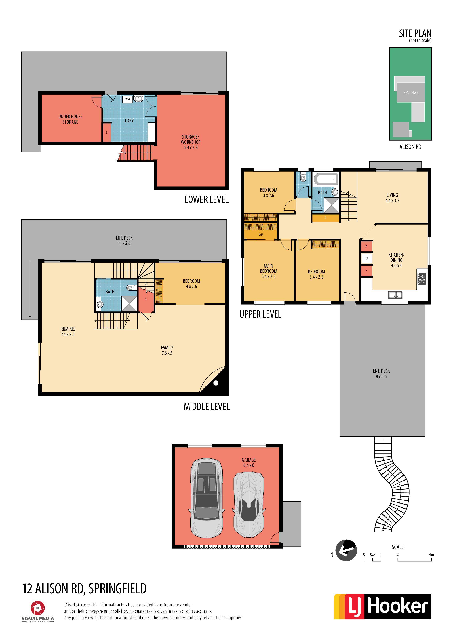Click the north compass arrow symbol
(346, 550)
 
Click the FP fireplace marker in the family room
(216, 383)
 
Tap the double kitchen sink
(395, 295)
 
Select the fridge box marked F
(367, 259)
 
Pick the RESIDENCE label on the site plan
(411, 92)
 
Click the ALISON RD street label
(410, 147)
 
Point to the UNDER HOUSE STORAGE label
(70, 119)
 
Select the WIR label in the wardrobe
(261, 234)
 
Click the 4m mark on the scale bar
(431, 554)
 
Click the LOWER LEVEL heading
(207, 199)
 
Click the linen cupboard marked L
(326, 218)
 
